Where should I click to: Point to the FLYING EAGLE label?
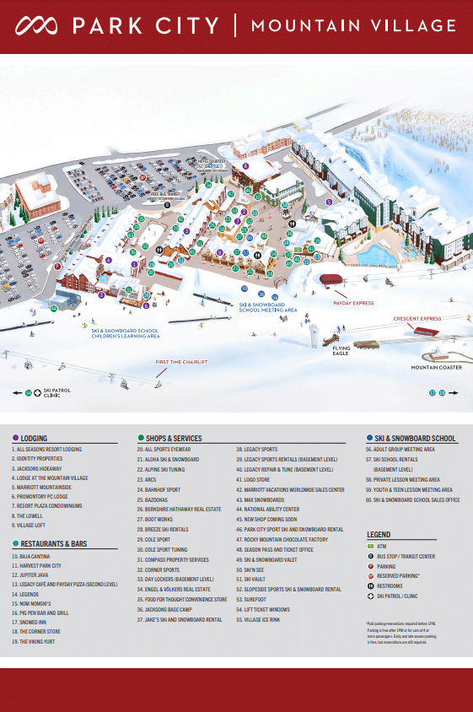341,350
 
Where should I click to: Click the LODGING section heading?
33,439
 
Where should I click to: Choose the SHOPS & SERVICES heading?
173,439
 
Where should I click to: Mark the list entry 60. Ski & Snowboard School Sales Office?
412,500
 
